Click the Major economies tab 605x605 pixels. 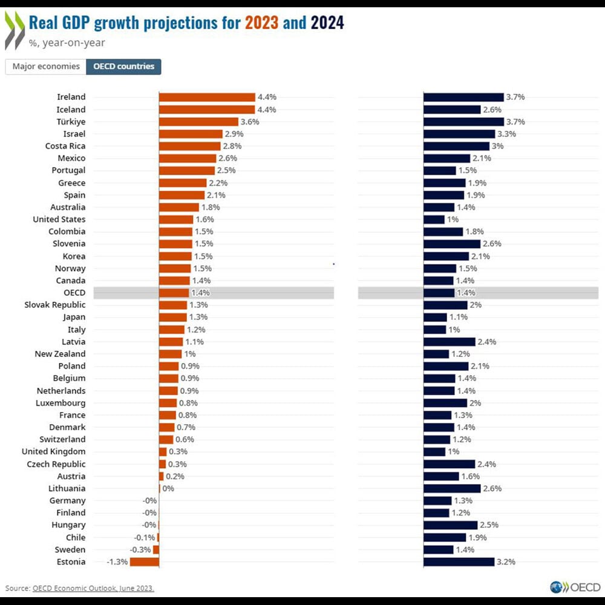tap(46, 67)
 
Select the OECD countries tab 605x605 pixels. tap(123, 67)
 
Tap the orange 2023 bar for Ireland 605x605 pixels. tap(207, 97)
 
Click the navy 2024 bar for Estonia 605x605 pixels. tap(459, 562)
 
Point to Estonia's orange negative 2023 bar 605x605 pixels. tap(145, 562)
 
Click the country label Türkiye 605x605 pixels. tap(71, 122)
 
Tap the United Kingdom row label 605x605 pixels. tap(54, 452)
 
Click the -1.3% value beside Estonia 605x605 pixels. tap(117, 562)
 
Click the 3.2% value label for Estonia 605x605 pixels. tap(506, 562)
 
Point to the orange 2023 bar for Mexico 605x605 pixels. tap(188, 159)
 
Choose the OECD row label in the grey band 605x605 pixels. tap(74, 293)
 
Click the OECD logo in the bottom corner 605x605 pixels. tap(575, 587)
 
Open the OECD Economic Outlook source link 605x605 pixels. tap(93, 588)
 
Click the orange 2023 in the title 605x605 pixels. tap(262, 23)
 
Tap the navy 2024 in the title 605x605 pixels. tap(327, 23)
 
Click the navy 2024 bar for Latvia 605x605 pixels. tap(450, 342)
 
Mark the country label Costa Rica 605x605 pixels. tap(65, 146)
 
